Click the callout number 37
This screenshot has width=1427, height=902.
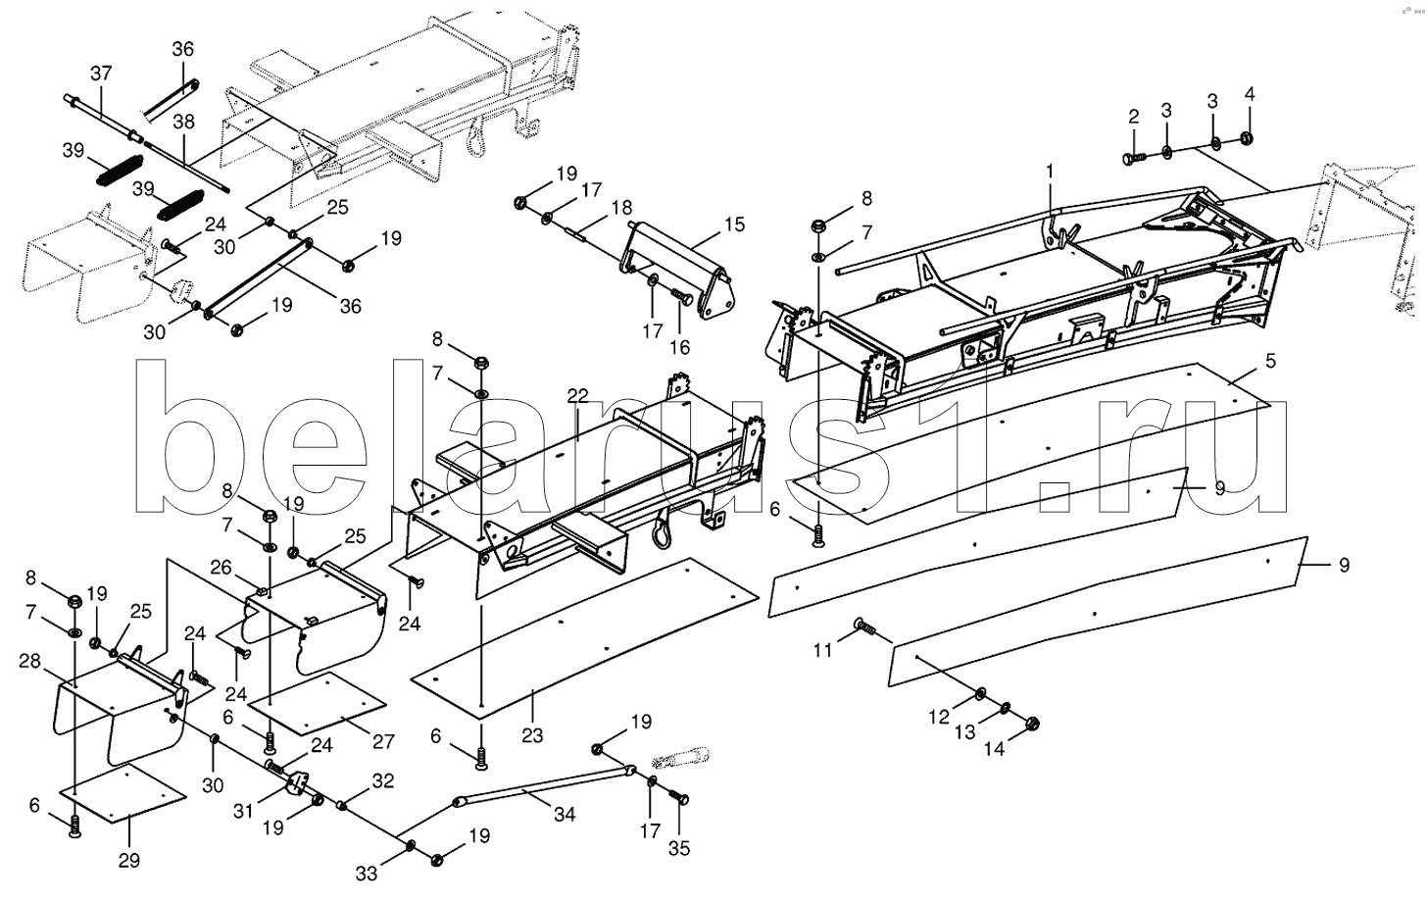click(x=101, y=74)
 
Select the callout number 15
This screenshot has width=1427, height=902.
click(x=734, y=225)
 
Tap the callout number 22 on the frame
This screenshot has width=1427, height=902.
click(x=578, y=396)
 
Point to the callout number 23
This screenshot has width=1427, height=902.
click(x=532, y=736)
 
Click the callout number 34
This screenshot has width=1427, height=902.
click(x=565, y=814)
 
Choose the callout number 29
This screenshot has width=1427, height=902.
click(x=128, y=861)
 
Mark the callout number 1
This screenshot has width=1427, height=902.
click(x=1050, y=171)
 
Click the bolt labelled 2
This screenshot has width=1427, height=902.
click(x=1135, y=158)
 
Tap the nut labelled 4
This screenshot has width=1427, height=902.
click(x=1247, y=138)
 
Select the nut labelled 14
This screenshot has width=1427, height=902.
click(x=1033, y=723)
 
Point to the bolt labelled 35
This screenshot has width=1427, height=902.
click(x=678, y=797)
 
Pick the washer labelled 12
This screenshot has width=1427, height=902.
click(x=980, y=693)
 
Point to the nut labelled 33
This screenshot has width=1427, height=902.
click(x=411, y=845)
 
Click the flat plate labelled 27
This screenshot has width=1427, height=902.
click(x=317, y=704)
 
